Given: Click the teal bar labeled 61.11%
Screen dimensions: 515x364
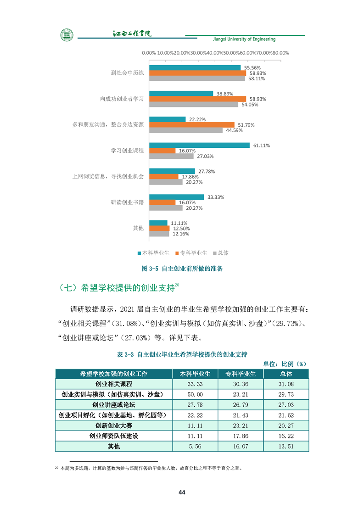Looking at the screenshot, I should click(199, 145).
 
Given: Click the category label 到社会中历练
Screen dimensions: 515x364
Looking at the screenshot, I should click(128, 73).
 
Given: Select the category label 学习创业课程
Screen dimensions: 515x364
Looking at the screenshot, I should click(128, 151).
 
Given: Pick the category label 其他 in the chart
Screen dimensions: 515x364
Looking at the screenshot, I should click(138, 228).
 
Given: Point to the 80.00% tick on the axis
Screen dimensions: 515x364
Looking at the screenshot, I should click(281, 53).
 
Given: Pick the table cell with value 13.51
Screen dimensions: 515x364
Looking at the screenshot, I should click(286, 446).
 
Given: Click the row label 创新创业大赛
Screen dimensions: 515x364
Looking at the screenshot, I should click(113, 425).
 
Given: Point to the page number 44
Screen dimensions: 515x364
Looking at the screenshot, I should click(182, 493).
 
